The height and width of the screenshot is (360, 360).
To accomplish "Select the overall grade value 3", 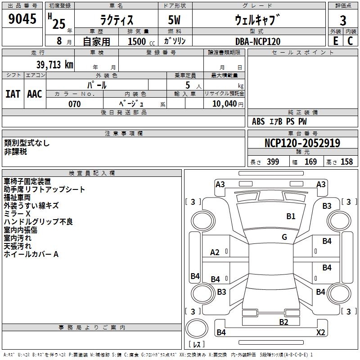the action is tap(343, 21).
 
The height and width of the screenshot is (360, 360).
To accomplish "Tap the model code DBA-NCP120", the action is tap(258, 41).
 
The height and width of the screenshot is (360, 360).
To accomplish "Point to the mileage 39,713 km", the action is tap(54, 65).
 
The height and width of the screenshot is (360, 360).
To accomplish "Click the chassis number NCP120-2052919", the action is tap(302, 143).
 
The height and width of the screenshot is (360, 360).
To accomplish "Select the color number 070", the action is tap(74, 104).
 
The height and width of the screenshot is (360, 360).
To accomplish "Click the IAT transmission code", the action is tap(13, 94).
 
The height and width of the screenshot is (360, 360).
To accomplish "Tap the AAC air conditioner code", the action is tap(35, 94).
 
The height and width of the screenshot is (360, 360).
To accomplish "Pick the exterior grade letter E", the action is tap(335, 41).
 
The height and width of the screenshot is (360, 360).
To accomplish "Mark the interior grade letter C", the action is tap(350, 41).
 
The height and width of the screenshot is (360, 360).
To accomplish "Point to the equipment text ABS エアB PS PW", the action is tap(279, 121).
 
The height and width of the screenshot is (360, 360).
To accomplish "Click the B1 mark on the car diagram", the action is tap(291, 216).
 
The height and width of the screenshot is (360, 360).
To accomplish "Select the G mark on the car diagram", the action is tap(284, 237).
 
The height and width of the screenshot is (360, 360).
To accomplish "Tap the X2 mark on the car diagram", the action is tap(320, 333).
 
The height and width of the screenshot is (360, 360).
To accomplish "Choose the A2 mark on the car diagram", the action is tap(215, 252).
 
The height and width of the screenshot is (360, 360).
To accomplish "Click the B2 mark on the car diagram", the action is tap(283, 322).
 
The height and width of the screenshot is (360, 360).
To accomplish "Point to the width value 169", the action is tap(310, 162).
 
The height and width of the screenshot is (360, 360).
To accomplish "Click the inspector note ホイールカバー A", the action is tap(31, 254).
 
